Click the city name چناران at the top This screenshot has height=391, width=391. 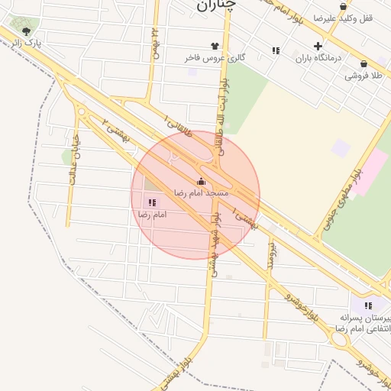[x=217, y=6]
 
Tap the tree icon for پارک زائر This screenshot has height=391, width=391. [x=27, y=31]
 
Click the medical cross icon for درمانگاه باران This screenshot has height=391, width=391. [x=318, y=46]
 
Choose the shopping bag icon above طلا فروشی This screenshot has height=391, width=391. [x=363, y=64]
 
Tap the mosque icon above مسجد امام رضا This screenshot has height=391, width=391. [x=202, y=181]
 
